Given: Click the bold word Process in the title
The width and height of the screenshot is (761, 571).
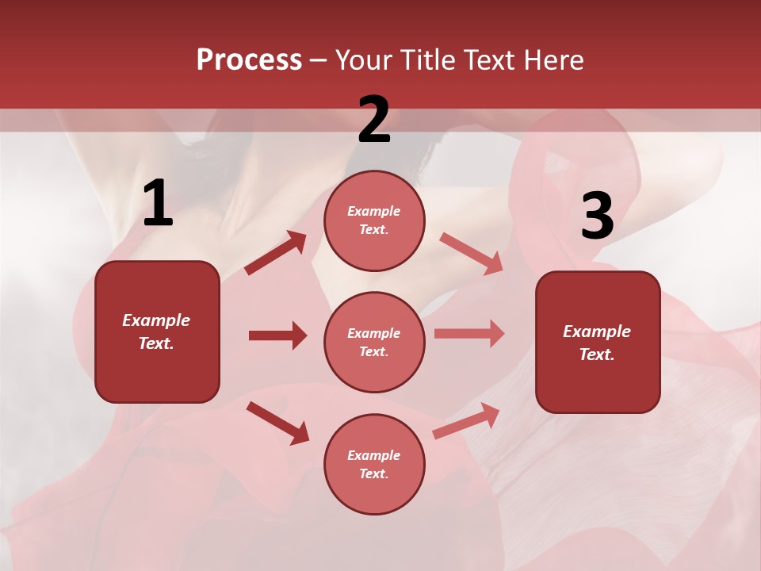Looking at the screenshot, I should point(249,60).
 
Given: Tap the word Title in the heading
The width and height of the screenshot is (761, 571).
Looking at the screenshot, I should point(429,60).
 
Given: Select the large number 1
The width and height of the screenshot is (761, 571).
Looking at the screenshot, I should point(158,204).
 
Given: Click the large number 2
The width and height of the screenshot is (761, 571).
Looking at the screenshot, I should point(374,120).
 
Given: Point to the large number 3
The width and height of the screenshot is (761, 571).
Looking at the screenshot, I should point(597,217).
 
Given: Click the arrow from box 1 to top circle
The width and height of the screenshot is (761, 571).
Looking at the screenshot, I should point(275,254).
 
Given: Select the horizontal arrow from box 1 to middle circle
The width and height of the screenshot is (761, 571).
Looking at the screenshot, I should point(277,335).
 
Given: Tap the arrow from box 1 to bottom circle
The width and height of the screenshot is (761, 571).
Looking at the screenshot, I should point(277,423).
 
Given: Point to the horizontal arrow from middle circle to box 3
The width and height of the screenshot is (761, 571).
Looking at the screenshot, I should point(469,333).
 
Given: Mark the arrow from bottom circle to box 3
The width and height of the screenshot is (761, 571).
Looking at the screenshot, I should point(466,420).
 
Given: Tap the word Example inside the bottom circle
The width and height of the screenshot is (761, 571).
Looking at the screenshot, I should point(373,455).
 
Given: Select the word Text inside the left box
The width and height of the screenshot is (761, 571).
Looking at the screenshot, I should point(156,343).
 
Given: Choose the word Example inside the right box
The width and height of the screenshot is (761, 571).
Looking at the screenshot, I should point(597,331).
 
